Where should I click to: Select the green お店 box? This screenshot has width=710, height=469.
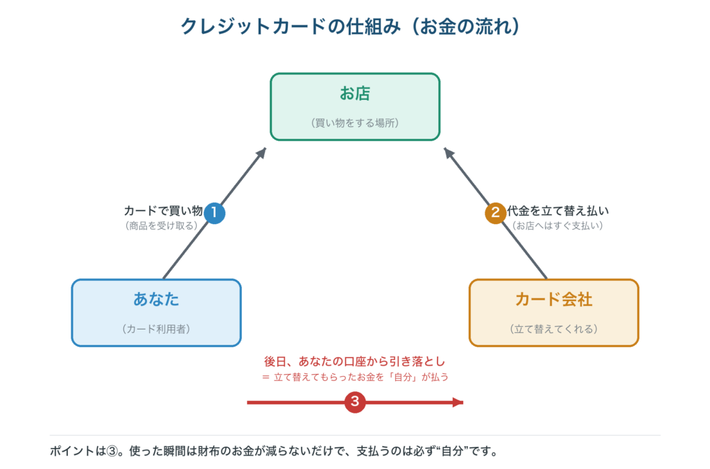tap(355, 107)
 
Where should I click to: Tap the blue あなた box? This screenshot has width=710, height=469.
tap(156, 313)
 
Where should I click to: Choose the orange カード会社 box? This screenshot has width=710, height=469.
tap(554, 313)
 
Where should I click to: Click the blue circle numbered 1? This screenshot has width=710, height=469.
tap(214, 212)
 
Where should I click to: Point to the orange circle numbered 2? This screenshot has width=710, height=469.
tap(495, 212)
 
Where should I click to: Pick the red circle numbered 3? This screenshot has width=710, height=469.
tap(355, 402)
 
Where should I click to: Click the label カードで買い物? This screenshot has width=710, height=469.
tap(163, 211)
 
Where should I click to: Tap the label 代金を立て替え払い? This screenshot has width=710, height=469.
tap(558, 211)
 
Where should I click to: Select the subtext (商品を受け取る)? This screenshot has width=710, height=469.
tap(161, 225)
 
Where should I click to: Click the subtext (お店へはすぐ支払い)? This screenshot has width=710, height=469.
tap(557, 225)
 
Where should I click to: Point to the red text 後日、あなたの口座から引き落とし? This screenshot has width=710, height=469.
tap(354, 361)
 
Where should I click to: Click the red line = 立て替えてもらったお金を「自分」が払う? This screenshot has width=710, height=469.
tap(355, 377)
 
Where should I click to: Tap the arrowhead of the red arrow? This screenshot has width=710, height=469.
tap(458, 402)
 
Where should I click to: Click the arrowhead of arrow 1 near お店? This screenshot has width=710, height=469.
tap(261, 153)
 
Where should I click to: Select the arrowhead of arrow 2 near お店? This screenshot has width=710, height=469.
tap(449, 153)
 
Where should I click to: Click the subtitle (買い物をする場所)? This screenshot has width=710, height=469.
tap(355, 123)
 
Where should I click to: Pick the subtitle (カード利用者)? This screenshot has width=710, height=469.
tap(156, 329)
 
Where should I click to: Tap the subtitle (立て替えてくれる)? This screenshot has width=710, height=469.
tap(554, 329)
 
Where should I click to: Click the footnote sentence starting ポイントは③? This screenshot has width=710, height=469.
tap(274, 451)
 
